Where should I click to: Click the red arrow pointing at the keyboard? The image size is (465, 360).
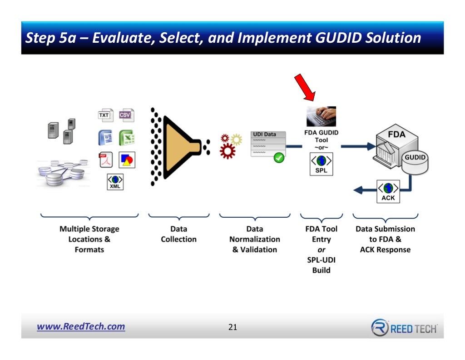[x=305, y=88]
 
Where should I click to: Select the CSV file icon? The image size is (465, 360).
[x=125, y=115]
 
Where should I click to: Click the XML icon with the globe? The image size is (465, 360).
[x=115, y=181]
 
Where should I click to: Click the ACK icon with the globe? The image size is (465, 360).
[x=388, y=191]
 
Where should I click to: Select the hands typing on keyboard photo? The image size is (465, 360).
[x=321, y=117]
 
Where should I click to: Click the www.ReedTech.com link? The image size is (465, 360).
[x=81, y=326]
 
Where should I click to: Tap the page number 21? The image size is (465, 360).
[x=232, y=327]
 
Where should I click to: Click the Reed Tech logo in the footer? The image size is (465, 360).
[x=404, y=327]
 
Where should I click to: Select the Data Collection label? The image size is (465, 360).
[x=178, y=234]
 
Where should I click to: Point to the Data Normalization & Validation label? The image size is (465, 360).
[x=254, y=239]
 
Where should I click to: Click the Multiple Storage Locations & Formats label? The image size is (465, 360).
[x=89, y=239]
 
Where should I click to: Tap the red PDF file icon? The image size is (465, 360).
[x=105, y=160]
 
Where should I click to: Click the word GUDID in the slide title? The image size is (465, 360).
[x=338, y=38]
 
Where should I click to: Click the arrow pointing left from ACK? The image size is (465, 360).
[x=362, y=190]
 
